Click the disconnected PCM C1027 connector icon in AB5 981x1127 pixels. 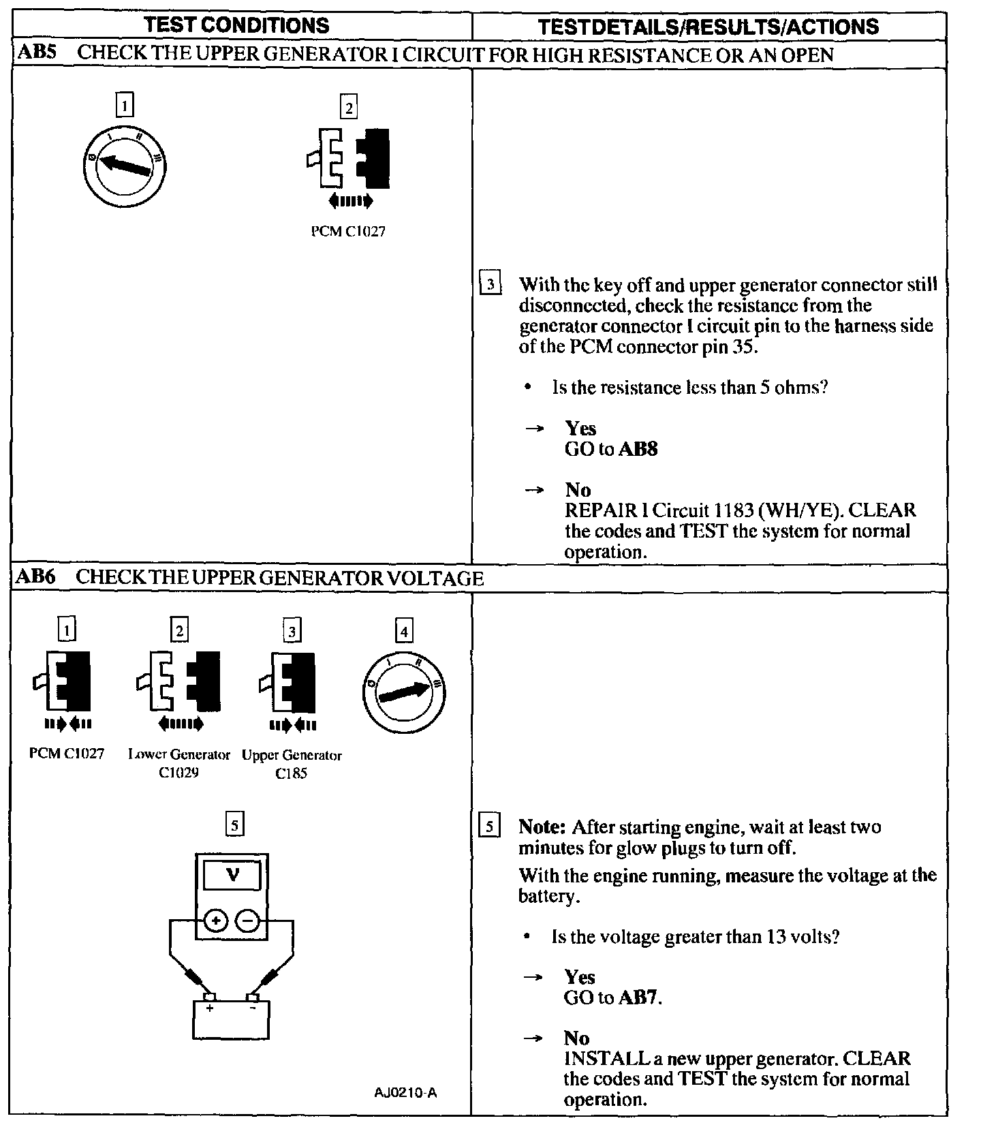click(x=348, y=159)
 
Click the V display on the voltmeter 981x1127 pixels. click(x=233, y=874)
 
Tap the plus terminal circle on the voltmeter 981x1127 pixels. click(x=216, y=921)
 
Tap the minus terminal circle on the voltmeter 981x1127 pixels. click(x=248, y=921)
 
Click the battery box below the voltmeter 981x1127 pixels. click(x=231, y=1019)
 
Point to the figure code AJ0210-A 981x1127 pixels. click(x=405, y=1093)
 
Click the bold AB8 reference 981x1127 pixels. click(x=638, y=449)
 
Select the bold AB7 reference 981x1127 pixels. click(x=638, y=998)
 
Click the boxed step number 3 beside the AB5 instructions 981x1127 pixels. click(x=490, y=283)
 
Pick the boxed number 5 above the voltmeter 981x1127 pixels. click(x=234, y=825)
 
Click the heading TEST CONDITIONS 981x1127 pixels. click(x=236, y=26)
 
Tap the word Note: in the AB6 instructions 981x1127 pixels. click(x=542, y=827)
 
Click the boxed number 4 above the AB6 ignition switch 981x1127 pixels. click(x=404, y=632)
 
